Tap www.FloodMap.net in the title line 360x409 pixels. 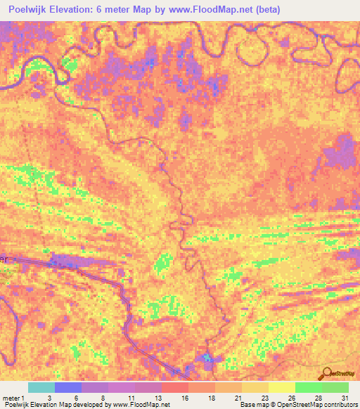click(204, 10)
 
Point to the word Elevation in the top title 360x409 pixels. click(84, 10)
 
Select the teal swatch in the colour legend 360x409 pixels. click(41, 387)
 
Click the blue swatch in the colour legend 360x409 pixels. click(68, 387)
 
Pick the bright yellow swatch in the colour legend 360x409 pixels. click(281, 387)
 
